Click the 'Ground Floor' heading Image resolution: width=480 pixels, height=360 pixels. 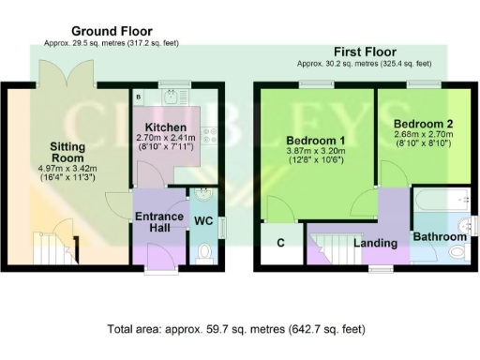click(111, 31)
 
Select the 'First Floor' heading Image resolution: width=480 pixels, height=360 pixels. click(365, 52)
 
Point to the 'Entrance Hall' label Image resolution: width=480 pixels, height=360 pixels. click(159, 222)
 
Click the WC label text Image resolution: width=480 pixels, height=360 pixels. click(203, 222)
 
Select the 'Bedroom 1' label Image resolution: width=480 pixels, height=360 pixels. click(316, 142)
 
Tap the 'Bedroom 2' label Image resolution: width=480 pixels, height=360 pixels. click(422, 124)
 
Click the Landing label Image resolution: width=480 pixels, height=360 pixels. click(373, 244)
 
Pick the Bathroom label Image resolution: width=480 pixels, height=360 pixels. click(440, 237)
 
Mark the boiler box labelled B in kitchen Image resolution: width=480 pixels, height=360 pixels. click(139, 96)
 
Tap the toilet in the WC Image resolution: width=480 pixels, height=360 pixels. click(205, 251)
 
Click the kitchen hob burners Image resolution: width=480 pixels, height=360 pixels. click(212, 137)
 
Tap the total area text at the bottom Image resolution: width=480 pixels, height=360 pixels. click(236, 330)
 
